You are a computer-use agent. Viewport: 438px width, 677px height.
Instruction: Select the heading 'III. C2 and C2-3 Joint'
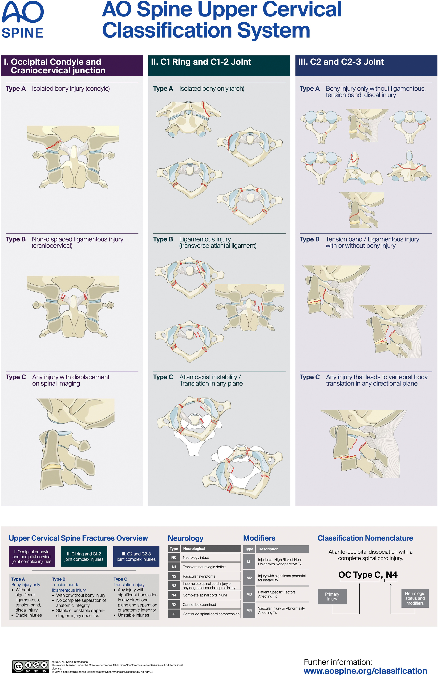pos(341,62)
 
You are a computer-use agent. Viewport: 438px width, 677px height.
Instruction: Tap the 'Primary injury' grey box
pos(332,596)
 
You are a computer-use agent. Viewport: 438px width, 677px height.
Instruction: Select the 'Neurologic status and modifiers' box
pos(415,598)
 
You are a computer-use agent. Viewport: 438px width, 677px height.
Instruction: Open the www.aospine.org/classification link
pos(365,671)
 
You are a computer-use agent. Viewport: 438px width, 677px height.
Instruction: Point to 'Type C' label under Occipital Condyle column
pos(16,377)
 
